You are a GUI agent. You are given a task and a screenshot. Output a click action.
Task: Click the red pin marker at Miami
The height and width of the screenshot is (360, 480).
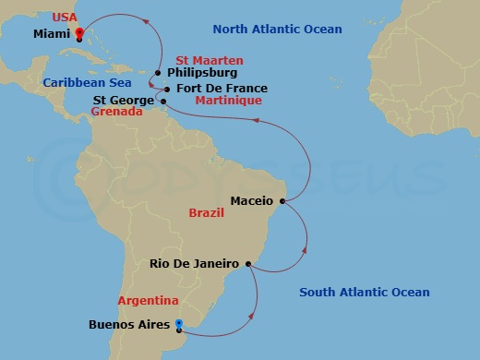point(79,34)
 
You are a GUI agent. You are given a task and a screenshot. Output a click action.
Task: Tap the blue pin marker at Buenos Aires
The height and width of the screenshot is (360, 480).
point(179,324)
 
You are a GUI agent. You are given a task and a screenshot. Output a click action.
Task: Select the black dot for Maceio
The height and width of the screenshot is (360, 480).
point(282,200)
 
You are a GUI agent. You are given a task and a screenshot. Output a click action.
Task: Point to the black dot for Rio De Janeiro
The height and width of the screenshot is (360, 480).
point(249,264)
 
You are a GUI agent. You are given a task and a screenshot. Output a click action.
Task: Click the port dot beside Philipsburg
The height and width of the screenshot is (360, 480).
point(158,73)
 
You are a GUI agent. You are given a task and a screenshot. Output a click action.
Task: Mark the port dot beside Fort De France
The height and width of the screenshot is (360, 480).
point(166,89)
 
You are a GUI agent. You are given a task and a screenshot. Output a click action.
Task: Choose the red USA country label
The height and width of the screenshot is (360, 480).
point(66,18)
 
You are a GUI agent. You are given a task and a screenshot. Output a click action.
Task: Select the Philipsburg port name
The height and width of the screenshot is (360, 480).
point(202,73)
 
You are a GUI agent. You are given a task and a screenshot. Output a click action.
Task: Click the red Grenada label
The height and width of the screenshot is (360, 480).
point(117,113)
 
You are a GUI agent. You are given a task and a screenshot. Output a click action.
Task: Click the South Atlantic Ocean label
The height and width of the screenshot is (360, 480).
point(365,293)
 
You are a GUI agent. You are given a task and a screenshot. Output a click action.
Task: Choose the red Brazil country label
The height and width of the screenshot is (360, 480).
point(207,212)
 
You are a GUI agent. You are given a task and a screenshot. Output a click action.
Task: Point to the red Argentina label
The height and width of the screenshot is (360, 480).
point(148,301)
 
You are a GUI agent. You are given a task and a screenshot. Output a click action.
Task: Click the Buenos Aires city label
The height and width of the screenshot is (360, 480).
point(128,325)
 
